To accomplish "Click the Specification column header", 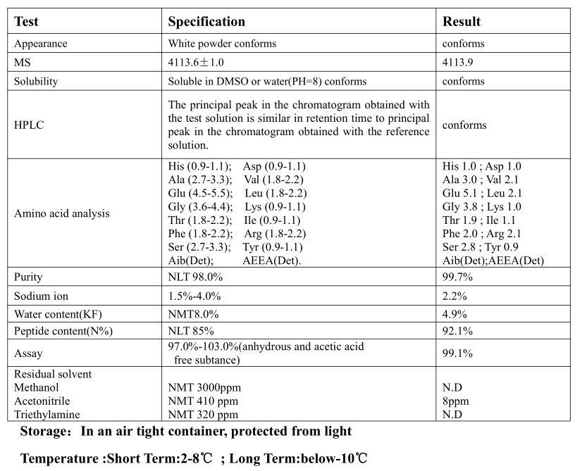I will click(x=206, y=22).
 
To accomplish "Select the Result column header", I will click(x=462, y=22).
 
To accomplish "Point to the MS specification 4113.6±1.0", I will click(x=196, y=62).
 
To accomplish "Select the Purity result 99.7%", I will click(x=457, y=277).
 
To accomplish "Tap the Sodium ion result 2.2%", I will click(x=455, y=296).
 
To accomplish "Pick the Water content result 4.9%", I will click(x=455, y=313).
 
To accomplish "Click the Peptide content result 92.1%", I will click(x=457, y=330).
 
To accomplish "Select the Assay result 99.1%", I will click(x=457, y=353).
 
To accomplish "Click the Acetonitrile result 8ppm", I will click(x=455, y=401).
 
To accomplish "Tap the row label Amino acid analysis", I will click(x=62, y=213).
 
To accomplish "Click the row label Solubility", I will click(x=36, y=81).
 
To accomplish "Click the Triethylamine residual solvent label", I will click(x=47, y=415).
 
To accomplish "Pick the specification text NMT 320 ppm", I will click(x=203, y=415).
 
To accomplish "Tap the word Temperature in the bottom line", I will click(x=61, y=459).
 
